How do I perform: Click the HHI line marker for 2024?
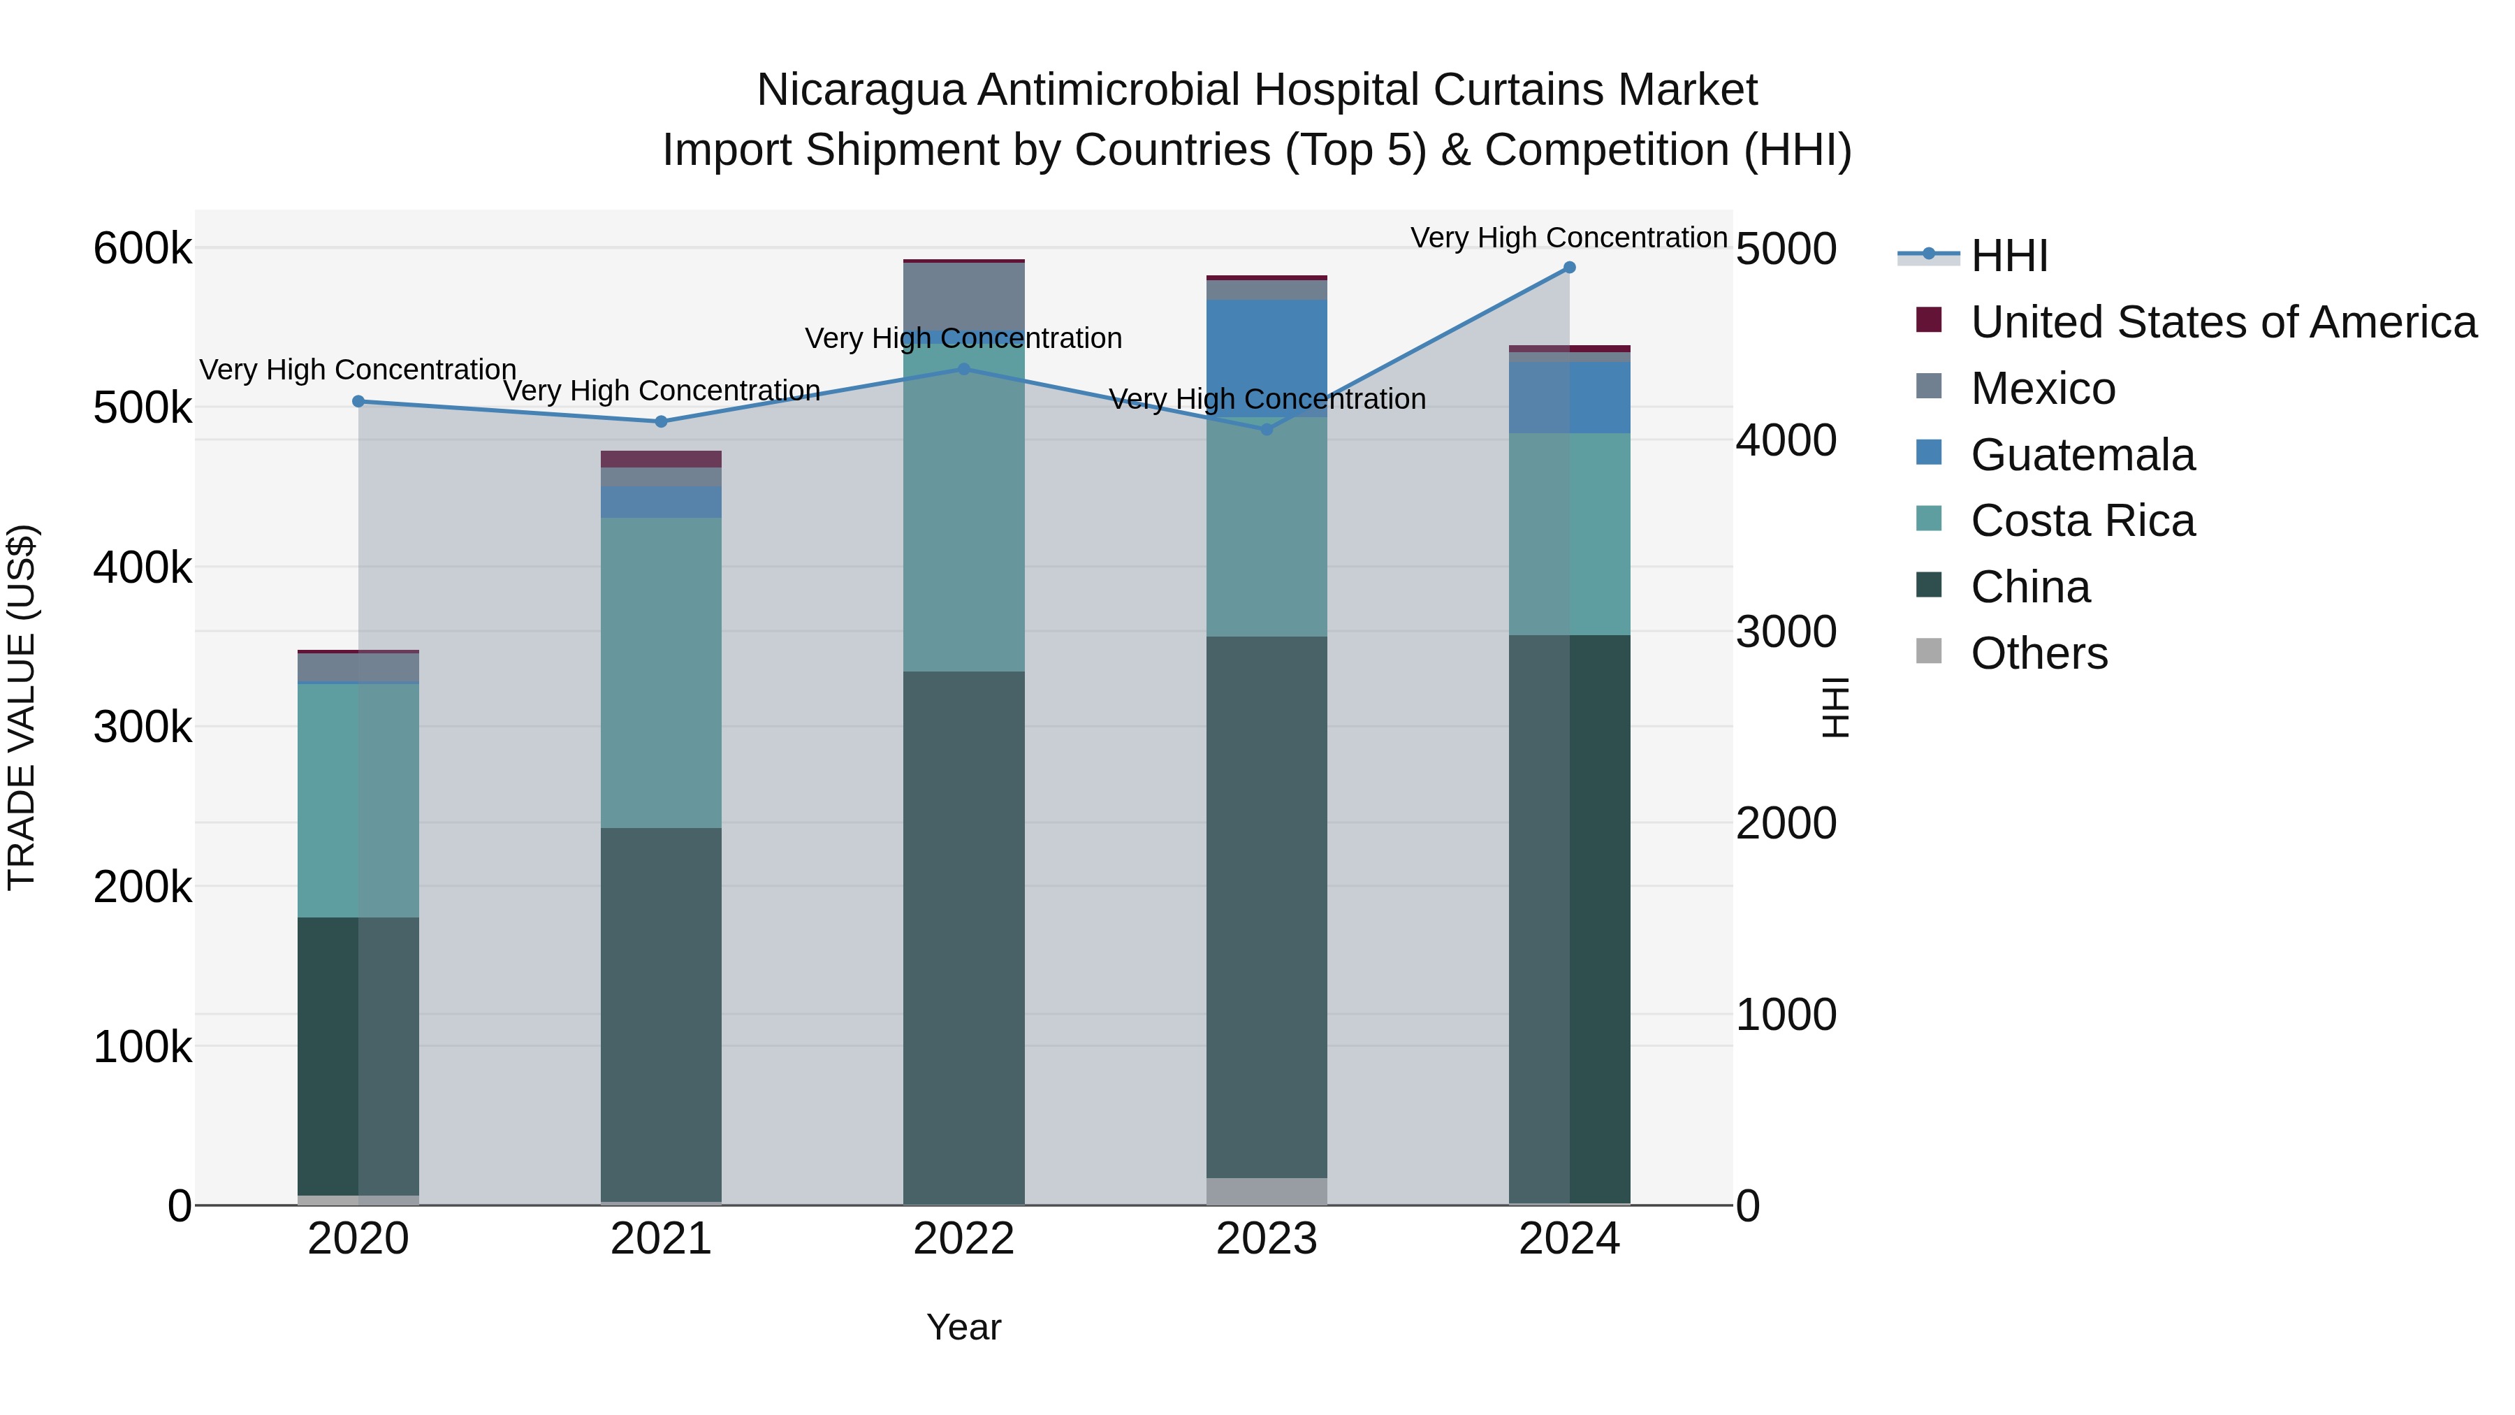pos(1569,268)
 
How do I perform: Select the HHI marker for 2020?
pos(358,401)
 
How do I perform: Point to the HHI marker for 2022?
pos(963,369)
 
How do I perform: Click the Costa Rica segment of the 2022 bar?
pos(963,508)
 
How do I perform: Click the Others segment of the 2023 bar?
pos(1267,1191)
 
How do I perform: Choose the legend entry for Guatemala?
pos(2082,455)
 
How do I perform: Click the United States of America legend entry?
pos(2223,322)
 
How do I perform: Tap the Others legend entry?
pos(2039,653)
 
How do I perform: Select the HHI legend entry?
pos(2009,256)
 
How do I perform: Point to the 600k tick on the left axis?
pos(143,249)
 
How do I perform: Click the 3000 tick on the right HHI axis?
pos(1786,632)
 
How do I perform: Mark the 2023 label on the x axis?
pos(1267,1239)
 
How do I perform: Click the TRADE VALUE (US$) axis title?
pos(22,707)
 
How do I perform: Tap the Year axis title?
pos(963,1327)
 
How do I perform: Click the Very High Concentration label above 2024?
pos(1569,238)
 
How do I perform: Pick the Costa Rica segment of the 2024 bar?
pos(1569,534)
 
